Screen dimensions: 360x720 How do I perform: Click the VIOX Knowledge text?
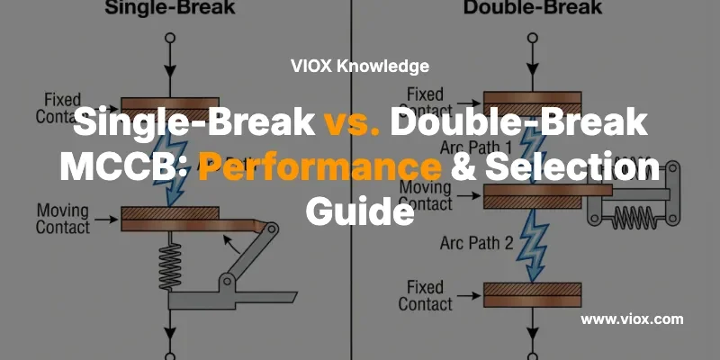[x=360, y=66]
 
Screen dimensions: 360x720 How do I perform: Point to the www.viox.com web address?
[x=632, y=319]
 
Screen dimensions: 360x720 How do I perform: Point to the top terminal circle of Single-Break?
[x=168, y=40]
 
